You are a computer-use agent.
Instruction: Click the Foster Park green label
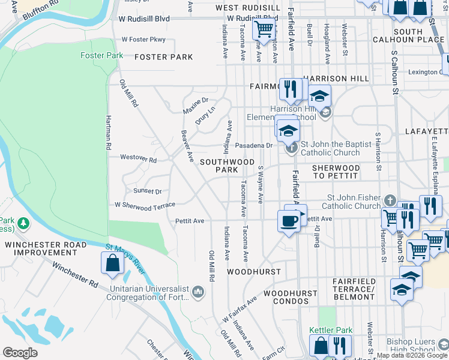102,55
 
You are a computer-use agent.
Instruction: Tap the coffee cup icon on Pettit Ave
289,221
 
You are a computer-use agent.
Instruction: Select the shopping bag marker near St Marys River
112,263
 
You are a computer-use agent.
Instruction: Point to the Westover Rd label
138,160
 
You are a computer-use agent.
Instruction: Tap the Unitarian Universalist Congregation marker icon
199,292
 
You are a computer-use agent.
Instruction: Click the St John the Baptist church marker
292,147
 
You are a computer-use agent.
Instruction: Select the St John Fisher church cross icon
390,200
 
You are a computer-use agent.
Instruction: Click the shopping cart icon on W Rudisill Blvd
263,28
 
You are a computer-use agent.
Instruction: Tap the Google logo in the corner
20,352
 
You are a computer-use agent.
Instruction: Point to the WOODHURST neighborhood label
254,272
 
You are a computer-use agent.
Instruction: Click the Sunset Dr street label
148,191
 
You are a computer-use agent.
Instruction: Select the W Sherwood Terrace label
145,205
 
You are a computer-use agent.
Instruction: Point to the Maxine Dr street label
196,106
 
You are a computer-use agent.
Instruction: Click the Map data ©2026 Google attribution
412,355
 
